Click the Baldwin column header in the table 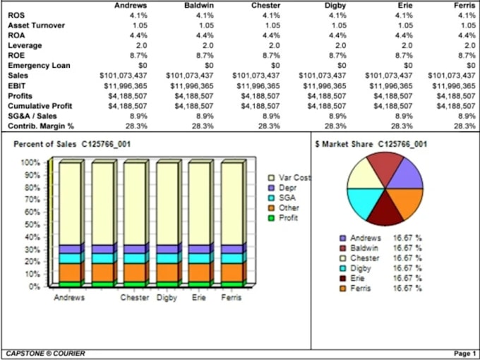[x=199, y=6]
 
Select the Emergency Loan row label [x=39, y=66]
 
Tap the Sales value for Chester [x=256, y=76]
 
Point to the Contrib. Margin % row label [x=41, y=126]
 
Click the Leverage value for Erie [x=407, y=45]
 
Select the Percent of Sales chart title [x=72, y=144]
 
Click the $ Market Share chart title [x=371, y=144]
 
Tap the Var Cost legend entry [x=289, y=178]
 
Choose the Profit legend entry [x=283, y=218]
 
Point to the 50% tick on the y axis [x=30, y=224]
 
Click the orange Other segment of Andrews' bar [x=69, y=272]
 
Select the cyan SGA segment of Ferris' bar [x=232, y=258]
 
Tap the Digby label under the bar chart [x=167, y=298]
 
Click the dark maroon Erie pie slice [x=385, y=210]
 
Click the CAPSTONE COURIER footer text [x=45, y=354]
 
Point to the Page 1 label [x=464, y=354]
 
